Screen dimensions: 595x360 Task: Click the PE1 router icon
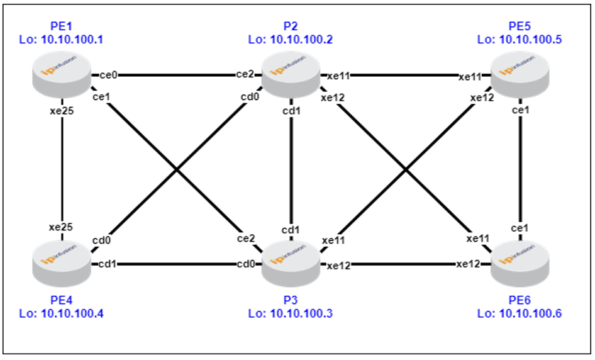62,74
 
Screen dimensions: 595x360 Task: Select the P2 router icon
291,74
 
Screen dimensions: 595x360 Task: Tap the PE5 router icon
520,74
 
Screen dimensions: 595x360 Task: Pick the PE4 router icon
62,264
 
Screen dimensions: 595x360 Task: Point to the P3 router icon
291,264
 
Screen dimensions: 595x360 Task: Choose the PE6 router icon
520,264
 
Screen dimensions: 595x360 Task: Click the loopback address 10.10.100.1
72,40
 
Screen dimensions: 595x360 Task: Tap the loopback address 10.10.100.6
530,313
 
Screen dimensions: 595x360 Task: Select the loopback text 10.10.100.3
301,313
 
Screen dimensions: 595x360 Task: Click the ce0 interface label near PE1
109,75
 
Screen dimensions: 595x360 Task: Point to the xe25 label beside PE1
62,111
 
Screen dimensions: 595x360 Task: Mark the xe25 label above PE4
61,227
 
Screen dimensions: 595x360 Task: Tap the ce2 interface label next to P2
245,74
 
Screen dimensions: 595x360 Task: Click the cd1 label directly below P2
291,111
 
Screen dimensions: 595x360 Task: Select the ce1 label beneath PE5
521,110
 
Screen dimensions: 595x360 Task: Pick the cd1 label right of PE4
108,264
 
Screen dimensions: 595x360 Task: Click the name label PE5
520,26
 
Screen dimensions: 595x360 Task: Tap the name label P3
291,300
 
